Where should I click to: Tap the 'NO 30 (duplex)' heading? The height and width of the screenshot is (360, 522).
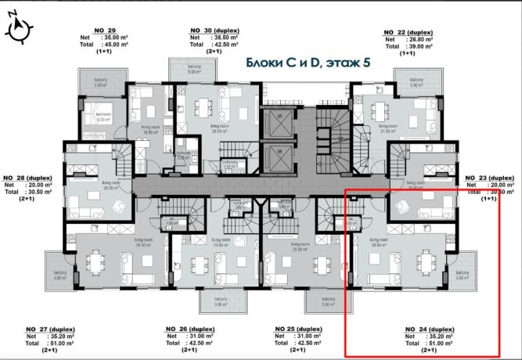[214, 30]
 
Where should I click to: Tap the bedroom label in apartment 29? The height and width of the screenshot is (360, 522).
[104, 114]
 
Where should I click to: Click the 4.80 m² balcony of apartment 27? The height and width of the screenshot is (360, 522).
[58, 272]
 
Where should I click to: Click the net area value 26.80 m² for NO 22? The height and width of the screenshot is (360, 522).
[423, 39]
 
